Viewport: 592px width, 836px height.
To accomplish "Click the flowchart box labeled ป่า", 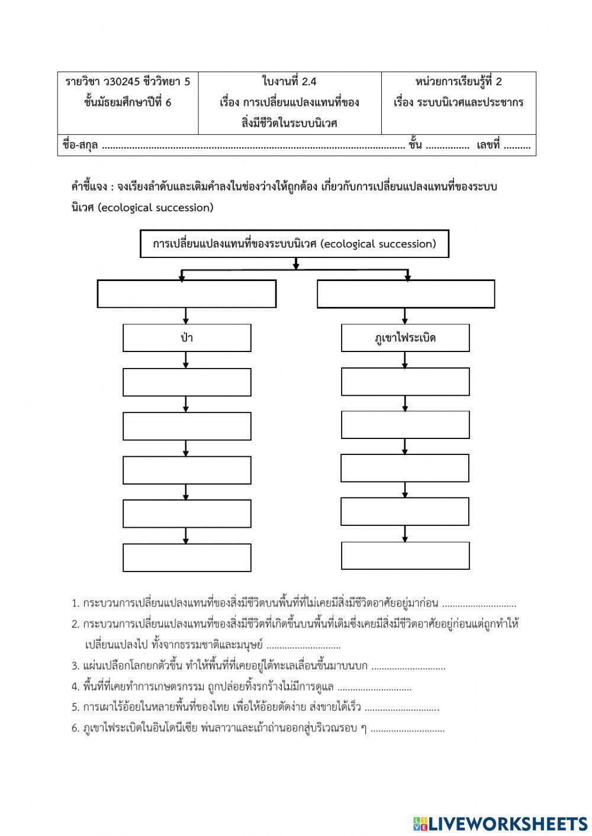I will point(186,338).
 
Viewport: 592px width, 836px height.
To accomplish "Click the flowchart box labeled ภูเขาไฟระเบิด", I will point(405,338).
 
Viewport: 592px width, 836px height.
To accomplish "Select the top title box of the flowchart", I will point(294,244).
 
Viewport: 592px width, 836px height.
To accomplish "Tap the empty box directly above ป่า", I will point(186,293).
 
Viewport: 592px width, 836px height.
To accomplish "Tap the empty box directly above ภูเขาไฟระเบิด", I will point(406,294).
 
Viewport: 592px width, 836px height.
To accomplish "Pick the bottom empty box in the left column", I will point(186,557).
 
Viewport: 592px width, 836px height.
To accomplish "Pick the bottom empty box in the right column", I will point(405,555).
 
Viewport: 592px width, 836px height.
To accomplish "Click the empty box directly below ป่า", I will point(186,382).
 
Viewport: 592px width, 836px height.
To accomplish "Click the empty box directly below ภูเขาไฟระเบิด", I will point(405,382).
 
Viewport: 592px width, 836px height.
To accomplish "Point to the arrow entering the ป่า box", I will point(186,317).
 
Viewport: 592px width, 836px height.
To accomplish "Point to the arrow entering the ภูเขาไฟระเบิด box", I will point(405,317).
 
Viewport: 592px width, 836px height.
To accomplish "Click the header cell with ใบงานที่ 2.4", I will point(289,82).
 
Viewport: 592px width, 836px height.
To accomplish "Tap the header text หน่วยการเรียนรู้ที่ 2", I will point(458,82).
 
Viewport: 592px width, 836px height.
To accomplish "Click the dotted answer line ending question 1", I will point(479,604).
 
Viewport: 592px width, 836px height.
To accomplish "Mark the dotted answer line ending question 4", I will point(374,687).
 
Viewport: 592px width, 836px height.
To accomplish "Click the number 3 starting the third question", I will point(75,666).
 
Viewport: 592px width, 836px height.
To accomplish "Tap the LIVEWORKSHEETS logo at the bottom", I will point(500,823).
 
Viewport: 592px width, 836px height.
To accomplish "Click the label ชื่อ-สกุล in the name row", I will point(81,145).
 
